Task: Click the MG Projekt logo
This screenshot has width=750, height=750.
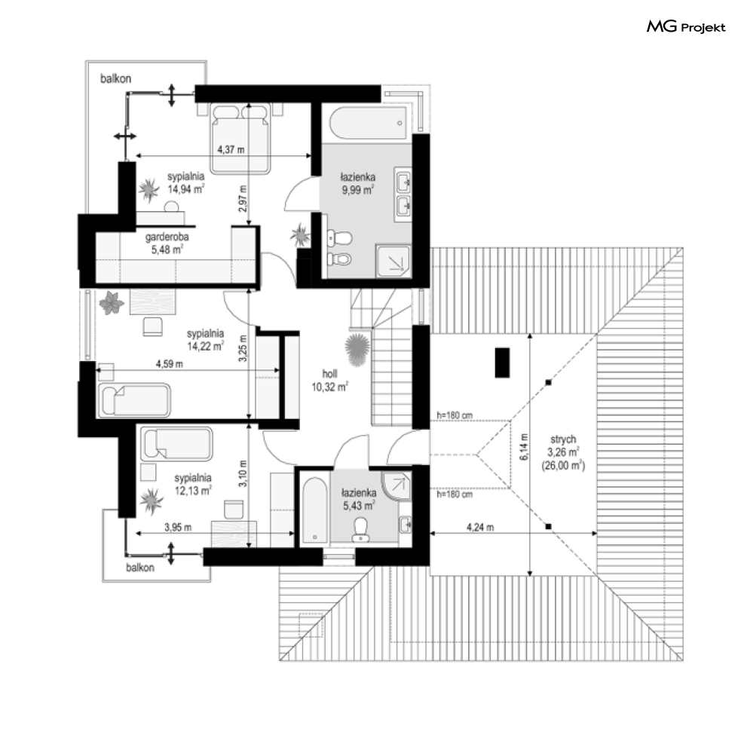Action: coord(686,27)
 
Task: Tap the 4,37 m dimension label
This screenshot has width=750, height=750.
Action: coord(231,150)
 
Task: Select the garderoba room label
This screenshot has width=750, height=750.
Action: coord(167,237)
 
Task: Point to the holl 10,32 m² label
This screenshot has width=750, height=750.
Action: coord(329,381)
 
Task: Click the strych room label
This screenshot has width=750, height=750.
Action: coord(563,439)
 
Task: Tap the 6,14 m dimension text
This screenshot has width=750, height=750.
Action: coord(524,447)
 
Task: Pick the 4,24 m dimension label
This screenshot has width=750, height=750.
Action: coord(480,527)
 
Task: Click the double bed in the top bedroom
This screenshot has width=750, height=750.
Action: coord(240,138)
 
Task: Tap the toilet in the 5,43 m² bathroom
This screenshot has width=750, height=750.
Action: coord(360,529)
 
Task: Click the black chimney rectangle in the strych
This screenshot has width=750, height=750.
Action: coord(502,363)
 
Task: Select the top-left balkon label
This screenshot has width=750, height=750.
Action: coord(115,78)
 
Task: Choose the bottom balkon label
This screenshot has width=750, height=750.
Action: coord(140,568)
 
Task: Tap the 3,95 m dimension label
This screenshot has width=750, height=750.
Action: coord(178,527)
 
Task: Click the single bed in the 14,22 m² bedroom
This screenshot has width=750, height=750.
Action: coord(134,399)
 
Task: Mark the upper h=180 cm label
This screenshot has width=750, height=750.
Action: coord(455,415)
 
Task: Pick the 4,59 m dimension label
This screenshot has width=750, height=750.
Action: coord(170,364)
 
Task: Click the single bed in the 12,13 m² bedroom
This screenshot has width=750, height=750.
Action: coord(176,445)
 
